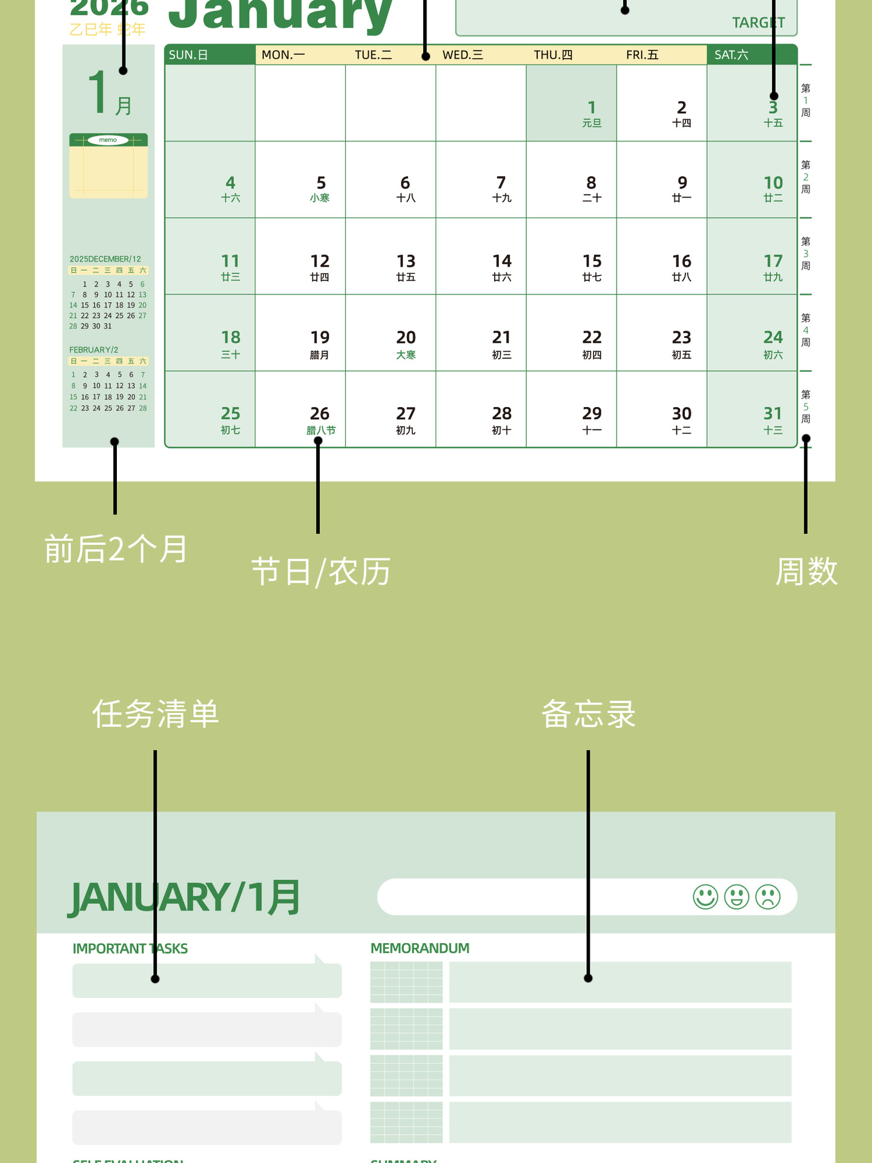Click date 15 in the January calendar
coord(592,262)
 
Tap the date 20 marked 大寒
coord(406,338)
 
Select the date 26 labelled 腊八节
coord(320,414)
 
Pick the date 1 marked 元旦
coord(592,108)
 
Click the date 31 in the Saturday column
coord(773,414)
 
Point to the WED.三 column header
coord(463,55)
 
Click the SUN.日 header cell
coord(188,55)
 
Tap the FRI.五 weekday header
coord(642,55)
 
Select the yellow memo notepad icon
coord(108,166)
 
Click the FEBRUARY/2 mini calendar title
coord(94,350)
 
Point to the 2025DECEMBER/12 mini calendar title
coord(105,259)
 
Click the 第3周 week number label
coord(805,254)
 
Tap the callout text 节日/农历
coord(321,572)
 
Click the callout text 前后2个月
coord(116,549)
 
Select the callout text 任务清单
coord(156,714)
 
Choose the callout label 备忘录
coord(588,714)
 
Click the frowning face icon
coord(768,897)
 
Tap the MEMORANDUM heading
coord(420,949)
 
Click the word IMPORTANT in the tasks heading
coord(109,949)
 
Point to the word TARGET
coord(758,23)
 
